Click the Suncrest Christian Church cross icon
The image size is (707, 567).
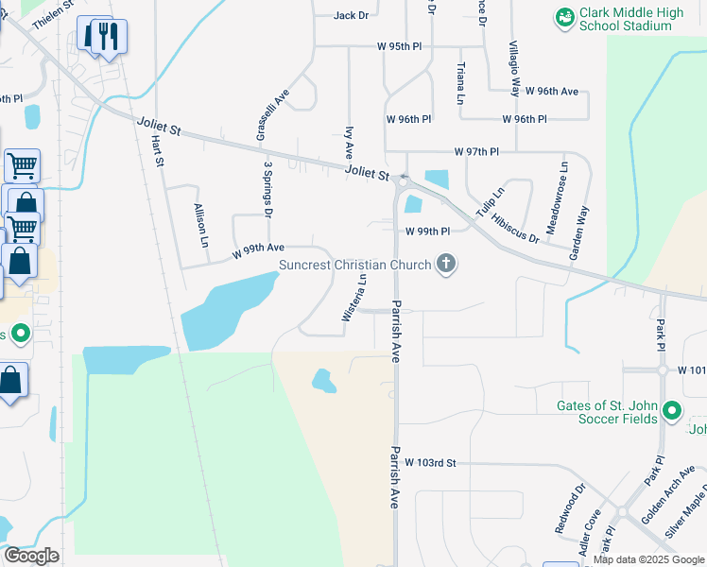pos(445,266)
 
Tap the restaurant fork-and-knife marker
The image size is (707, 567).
pos(106,36)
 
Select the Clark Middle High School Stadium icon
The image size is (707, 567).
pos(565,17)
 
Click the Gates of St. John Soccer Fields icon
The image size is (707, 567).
pos(672,410)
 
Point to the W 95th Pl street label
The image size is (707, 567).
pos(405,45)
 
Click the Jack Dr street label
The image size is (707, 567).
pos(351,15)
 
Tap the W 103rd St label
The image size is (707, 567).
pos(430,463)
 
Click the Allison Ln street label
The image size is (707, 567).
pos(200,225)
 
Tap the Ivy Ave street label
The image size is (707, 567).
pos(349,141)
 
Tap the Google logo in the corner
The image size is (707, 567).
pos(32,556)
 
